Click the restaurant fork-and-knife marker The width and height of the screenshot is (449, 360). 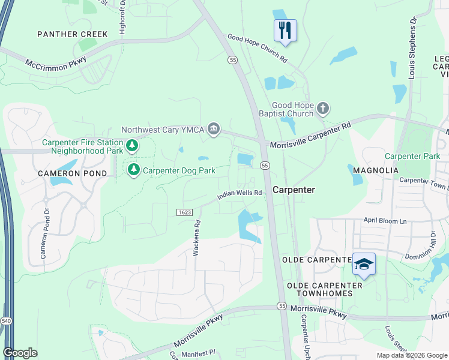285,30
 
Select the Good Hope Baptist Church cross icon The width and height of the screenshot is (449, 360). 323,109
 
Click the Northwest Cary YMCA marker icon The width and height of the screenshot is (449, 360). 213,129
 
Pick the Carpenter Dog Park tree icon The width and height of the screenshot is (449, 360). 133,170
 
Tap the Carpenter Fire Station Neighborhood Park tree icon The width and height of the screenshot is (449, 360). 132,146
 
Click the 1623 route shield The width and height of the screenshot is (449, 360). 184,212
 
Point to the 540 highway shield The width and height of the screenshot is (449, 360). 5,322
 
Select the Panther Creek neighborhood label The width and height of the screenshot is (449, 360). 73,34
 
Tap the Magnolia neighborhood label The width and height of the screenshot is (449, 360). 376,170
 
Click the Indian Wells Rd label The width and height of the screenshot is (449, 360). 240,193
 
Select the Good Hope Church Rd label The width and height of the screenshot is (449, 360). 258,49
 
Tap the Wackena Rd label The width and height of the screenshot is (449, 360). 196,238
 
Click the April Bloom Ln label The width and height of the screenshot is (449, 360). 385,221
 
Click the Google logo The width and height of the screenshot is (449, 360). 20,352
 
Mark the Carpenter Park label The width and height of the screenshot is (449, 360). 412,156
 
